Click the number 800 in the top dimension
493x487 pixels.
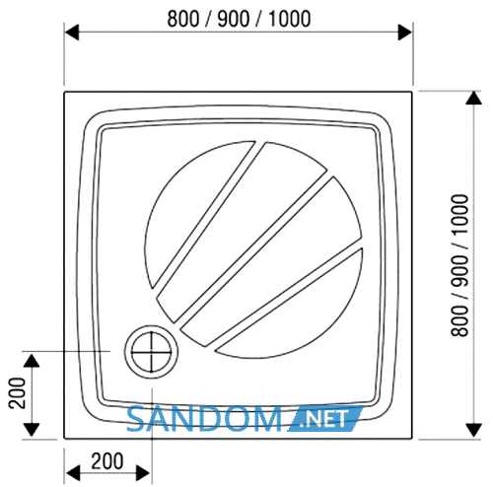click(183, 19)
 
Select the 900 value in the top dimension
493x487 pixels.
click(234, 19)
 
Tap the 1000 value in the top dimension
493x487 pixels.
click(290, 19)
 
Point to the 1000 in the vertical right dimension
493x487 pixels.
click(459, 214)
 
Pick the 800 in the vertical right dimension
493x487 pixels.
click(459, 321)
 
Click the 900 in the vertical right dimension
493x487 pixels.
click(459, 270)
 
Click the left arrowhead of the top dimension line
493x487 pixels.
click(72, 33)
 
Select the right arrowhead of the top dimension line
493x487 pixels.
click(404, 33)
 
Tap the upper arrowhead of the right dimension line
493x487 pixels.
click(473, 98)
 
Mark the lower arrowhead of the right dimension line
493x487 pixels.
click(473, 431)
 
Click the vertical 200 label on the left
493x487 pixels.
click(17, 393)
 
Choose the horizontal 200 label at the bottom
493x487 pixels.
click(107, 461)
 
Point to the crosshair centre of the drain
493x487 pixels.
click(151, 352)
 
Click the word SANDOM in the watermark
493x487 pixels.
click(204, 419)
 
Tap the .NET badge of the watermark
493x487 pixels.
click(325, 419)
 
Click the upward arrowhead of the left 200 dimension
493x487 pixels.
click(32, 361)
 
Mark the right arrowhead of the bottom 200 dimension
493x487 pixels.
click(143, 473)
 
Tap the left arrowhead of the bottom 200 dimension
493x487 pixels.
click(73, 473)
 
